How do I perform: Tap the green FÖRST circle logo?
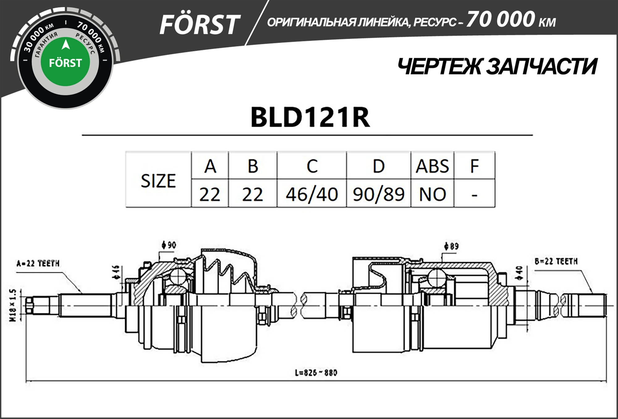(65, 62)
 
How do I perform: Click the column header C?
(312, 166)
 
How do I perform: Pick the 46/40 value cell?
(312, 194)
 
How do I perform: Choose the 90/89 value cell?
(379, 194)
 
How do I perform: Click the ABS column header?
(432, 166)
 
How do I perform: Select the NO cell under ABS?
(432, 194)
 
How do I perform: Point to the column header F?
(474, 166)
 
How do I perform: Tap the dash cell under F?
(474, 194)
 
